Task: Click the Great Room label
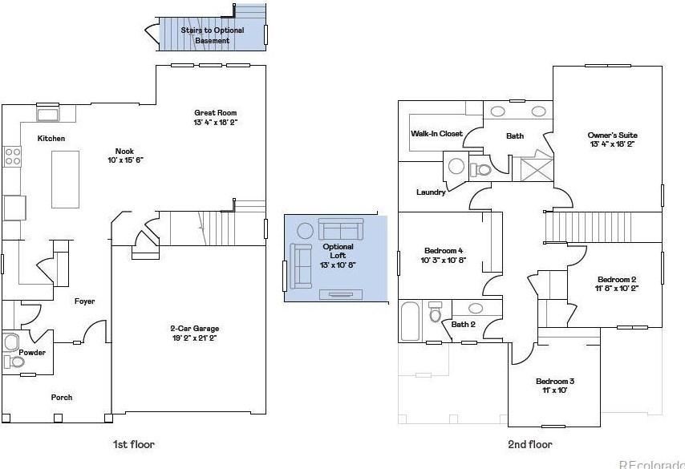pos(216,113)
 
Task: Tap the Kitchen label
pos(51,139)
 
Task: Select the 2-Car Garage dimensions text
pos(194,338)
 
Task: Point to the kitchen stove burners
pos(12,156)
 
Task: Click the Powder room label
pos(32,353)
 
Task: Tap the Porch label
pos(61,397)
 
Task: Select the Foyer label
pos(84,301)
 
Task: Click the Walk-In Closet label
pos(436,133)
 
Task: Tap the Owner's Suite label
pos(613,135)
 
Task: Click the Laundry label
pos(431,192)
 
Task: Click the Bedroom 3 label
pos(555,381)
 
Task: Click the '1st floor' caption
pos(134,444)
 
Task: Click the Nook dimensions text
pos(124,160)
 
